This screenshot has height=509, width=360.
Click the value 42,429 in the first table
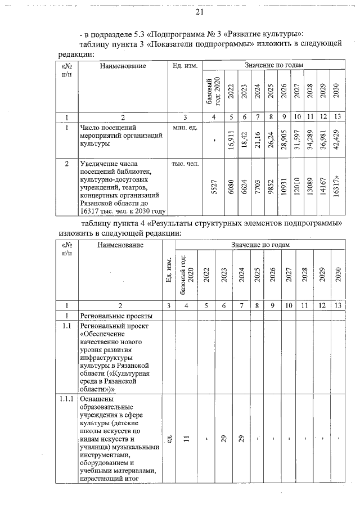(336, 139)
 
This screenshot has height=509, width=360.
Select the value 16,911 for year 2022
(231, 139)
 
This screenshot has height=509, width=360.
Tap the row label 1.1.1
(67, 399)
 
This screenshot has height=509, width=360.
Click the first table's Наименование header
(123, 66)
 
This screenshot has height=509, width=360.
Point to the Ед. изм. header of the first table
(184, 66)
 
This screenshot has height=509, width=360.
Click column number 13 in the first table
(336, 117)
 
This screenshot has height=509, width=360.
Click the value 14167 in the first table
(323, 188)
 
